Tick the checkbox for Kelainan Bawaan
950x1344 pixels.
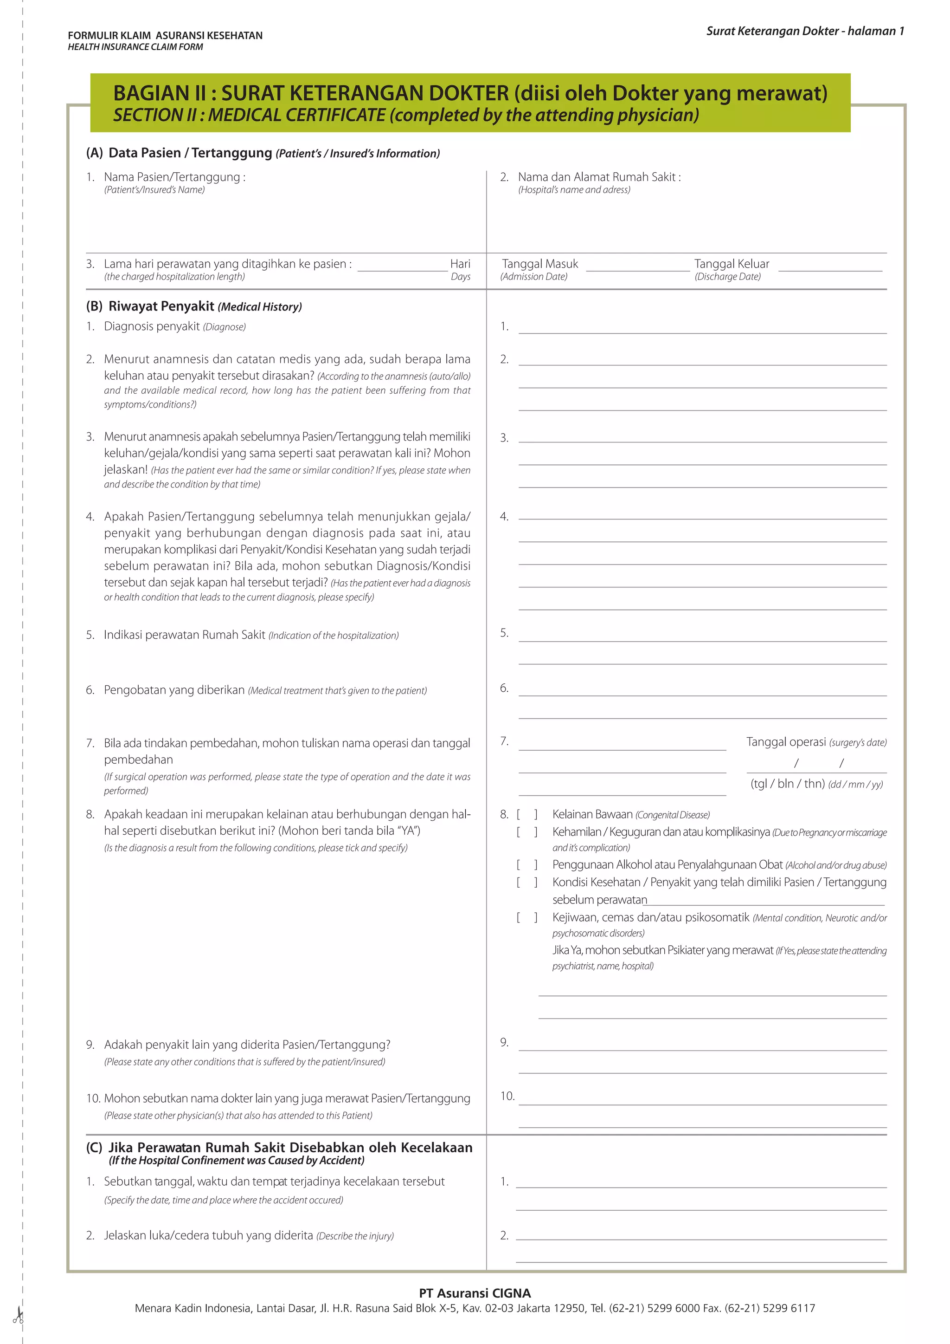click(x=526, y=814)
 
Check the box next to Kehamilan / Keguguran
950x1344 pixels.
click(x=526, y=832)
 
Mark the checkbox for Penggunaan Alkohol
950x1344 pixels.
click(x=526, y=864)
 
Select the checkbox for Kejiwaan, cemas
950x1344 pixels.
click(x=526, y=917)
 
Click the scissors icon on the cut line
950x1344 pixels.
click(x=18, y=1316)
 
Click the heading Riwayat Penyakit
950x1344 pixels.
click(x=161, y=306)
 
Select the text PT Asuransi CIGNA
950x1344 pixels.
click(x=475, y=1293)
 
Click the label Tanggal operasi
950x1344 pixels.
click(x=786, y=742)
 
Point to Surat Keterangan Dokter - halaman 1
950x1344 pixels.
click(x=805, y=31)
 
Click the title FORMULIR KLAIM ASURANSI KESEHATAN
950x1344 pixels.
click(x=165, y=35)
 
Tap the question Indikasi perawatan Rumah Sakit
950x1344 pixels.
click(x=184, y=635)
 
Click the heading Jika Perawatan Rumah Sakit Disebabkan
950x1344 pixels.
click(x=290, y=1147)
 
